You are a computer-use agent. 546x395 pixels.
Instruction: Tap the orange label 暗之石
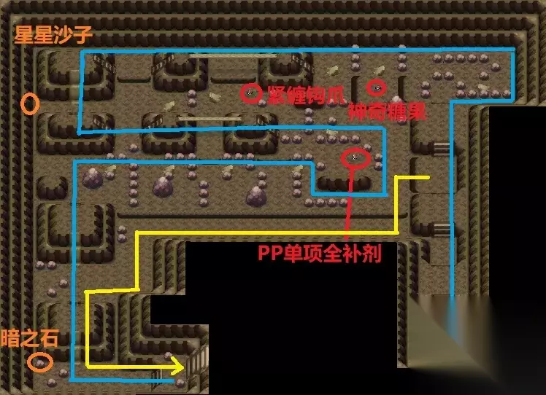(x=30, y=338)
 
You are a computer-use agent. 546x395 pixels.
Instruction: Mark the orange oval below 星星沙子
(x=29, y=103)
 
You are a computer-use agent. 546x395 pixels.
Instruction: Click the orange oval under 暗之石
(x=39, y=361)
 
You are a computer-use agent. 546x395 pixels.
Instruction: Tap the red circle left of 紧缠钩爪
(x=250, y=93)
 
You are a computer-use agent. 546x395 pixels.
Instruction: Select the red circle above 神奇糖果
(x=376, y=87)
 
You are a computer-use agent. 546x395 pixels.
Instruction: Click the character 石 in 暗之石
(x=50, y=338)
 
